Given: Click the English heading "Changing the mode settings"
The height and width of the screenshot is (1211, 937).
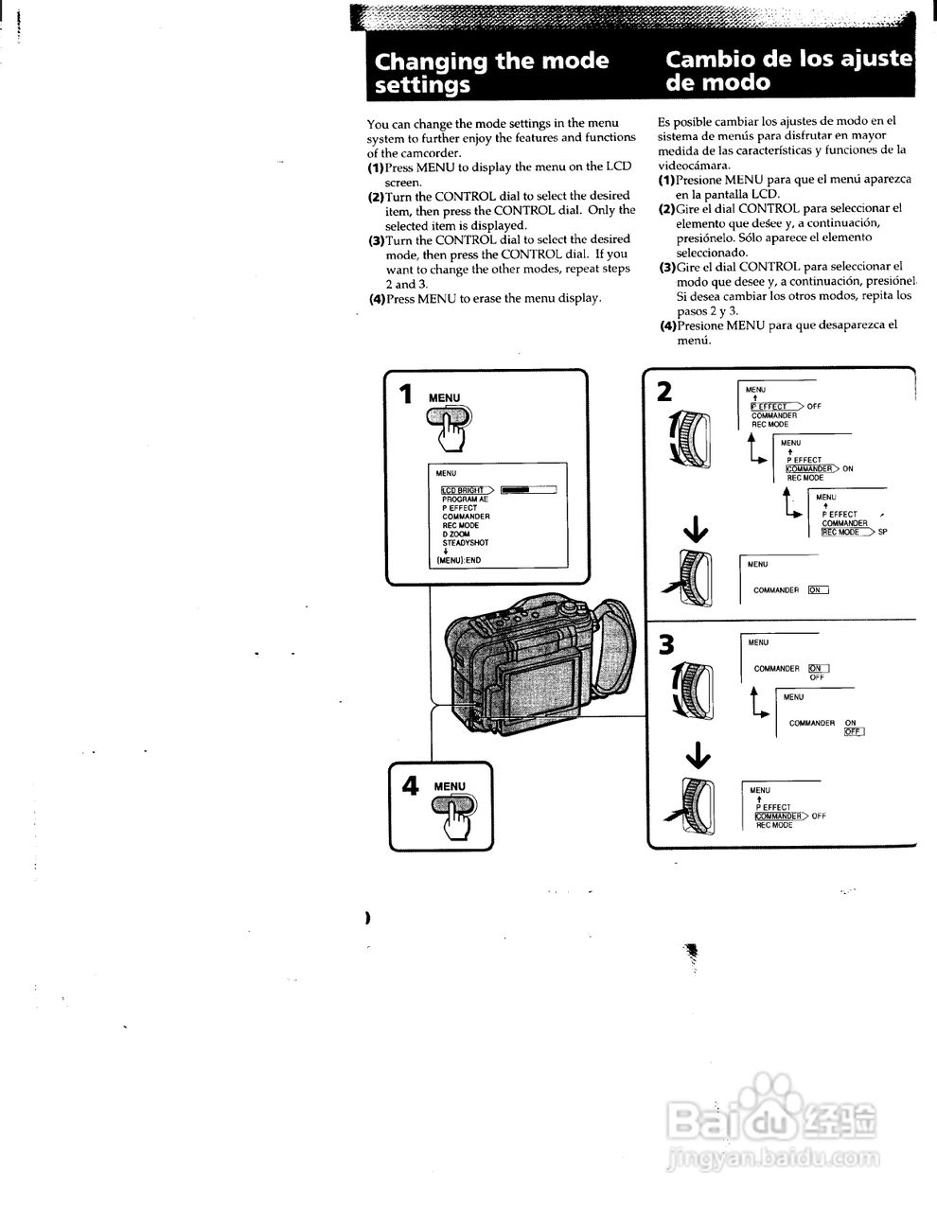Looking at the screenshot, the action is click(492, 73).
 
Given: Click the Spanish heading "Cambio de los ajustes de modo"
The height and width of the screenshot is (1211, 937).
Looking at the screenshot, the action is click(788, 70).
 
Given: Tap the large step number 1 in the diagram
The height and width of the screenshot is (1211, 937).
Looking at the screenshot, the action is click(406, 394).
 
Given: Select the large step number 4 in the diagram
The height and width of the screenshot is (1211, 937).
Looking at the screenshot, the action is click(410, 786).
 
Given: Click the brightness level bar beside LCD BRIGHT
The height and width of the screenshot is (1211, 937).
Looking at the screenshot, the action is click(528, 490).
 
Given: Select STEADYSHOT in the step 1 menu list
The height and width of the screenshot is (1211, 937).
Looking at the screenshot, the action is click(466, 543).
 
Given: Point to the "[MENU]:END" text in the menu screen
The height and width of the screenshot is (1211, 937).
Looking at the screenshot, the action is click(458, 560).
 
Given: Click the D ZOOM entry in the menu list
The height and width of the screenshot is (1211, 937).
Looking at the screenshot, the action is click(456, 535).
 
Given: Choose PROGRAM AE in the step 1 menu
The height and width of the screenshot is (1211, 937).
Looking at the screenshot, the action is click(465, 499).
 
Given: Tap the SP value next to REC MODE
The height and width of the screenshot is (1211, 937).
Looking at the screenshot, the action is click(882, 533).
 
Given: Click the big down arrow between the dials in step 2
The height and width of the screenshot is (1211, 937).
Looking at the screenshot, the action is click(696, 532).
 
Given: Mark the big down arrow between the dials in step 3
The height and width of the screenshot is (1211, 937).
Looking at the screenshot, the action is click(698, 754).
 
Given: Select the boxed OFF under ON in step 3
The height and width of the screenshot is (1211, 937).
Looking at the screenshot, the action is click(854, 731).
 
